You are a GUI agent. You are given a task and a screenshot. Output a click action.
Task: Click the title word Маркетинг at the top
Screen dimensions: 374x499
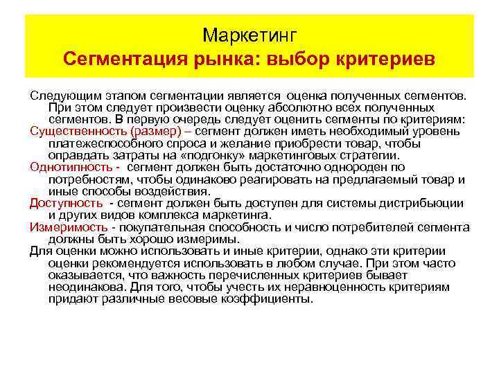[x=249, y=34]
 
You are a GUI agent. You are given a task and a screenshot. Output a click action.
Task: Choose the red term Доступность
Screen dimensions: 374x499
[x=66, y=202]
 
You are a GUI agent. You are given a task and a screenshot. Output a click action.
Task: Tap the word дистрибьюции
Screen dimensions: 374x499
[x=426, y=202]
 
